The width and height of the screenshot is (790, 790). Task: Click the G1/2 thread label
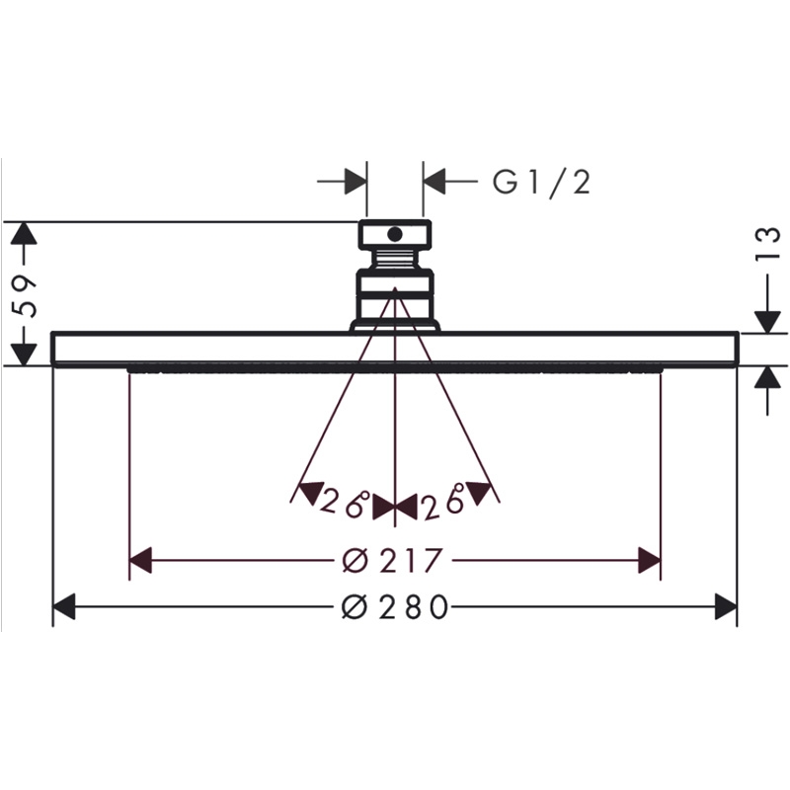540,182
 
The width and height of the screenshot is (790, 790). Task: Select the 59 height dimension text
24,295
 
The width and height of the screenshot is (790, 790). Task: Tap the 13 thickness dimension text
767,244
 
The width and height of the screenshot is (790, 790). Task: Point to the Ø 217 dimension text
392,560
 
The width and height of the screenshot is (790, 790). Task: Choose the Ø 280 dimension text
395,606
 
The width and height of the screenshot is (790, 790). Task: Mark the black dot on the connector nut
396,234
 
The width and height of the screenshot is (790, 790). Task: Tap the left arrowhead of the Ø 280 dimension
64,606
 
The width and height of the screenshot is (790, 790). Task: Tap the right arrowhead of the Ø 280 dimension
726,606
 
